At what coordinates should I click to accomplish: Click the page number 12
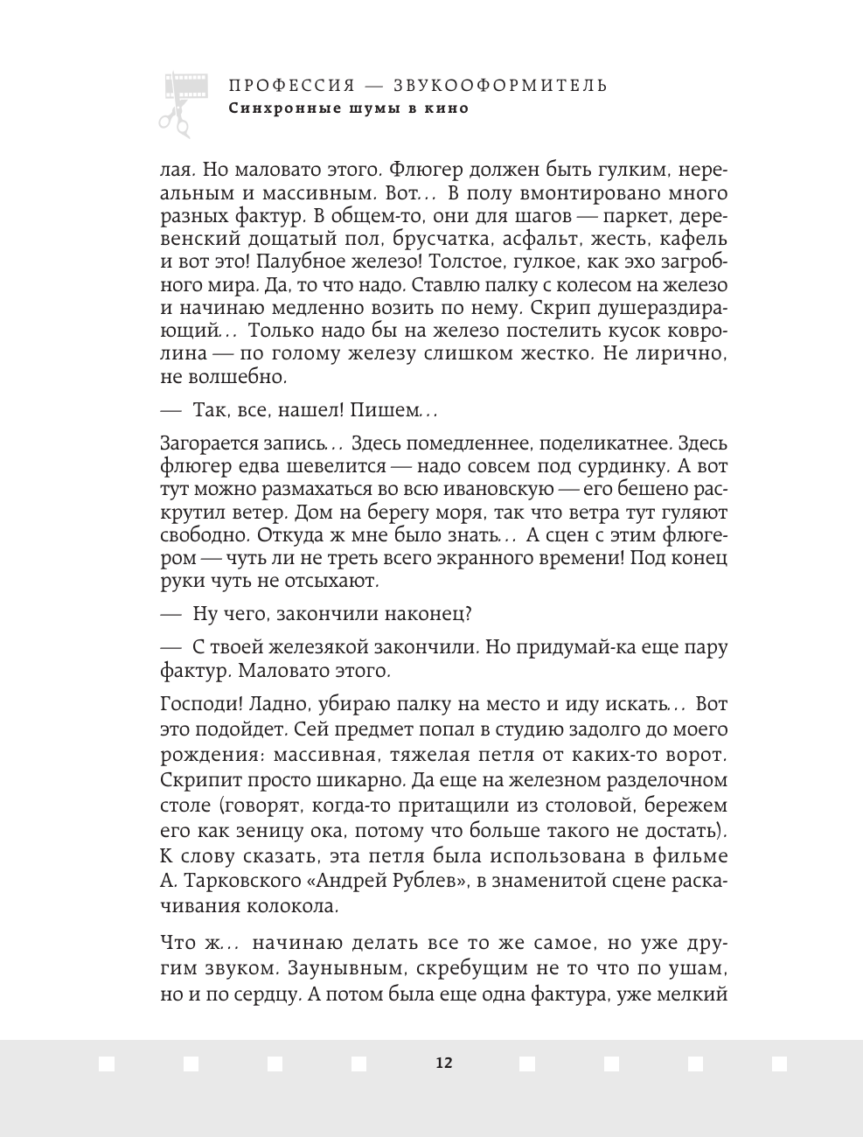(444, 1063)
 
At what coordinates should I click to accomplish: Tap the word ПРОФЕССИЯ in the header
(291, 86)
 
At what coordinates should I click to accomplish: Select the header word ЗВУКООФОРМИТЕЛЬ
(500, 86)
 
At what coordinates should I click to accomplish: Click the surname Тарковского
(243, 882)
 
